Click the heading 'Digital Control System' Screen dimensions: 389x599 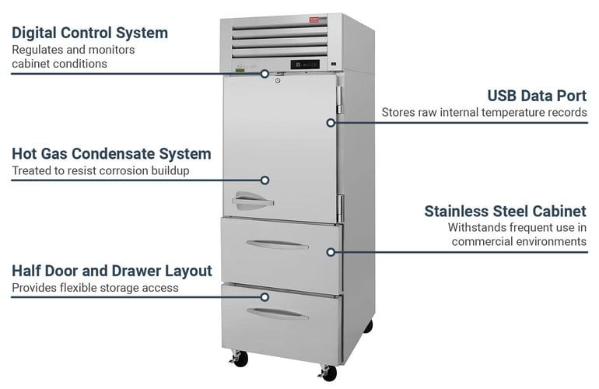tap(89, 33)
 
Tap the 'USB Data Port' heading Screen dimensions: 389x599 tap(537, 96)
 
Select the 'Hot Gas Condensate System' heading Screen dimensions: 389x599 tap(111, 154)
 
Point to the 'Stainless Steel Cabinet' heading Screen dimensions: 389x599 tap(505, 211)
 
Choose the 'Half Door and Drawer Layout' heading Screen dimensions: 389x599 tap(111, 271)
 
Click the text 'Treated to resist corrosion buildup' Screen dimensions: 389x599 tap(101, 170)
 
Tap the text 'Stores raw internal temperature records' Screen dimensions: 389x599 tap(484, 113)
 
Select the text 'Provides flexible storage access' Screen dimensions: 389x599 tap(95, 288)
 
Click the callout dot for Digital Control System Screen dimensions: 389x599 tap(264, 74)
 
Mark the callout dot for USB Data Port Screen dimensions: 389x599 tap(331, 122)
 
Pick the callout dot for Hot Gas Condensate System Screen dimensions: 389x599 tap(264, 180)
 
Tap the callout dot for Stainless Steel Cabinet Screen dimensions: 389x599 tap(331, 251)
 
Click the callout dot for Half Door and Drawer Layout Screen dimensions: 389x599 tap(264, 296)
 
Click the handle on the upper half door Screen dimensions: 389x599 tap(252, 202)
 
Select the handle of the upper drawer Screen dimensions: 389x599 tap(277, 244)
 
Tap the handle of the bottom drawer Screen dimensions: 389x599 tap(277, 313)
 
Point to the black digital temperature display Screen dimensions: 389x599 tap(304, 64)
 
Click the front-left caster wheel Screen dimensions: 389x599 tap(240, 359)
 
